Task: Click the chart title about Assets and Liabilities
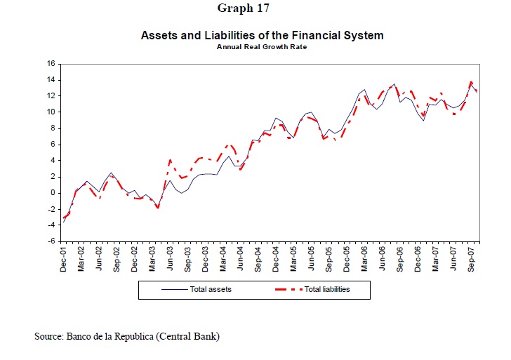[262, 34]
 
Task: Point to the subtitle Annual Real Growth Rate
[262, 47]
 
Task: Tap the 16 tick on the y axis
[51, 63]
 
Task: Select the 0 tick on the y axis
[53, 192]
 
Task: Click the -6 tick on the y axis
[51, 241]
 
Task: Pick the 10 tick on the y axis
[51, 112]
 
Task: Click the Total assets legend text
[211, 289]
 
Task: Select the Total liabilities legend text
[326, 289]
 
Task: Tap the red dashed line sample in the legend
[285, 289]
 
